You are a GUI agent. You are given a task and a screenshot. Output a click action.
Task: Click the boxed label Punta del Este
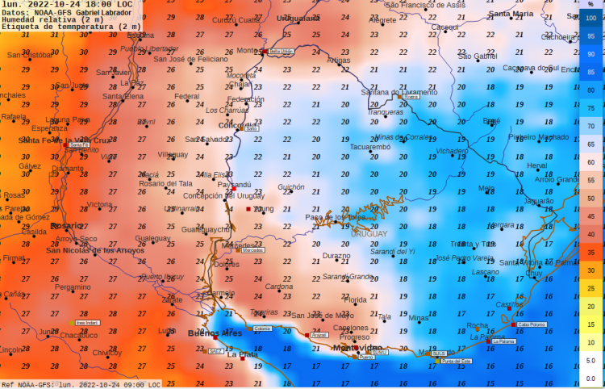(457, 361)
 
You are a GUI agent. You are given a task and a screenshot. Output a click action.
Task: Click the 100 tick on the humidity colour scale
(590, 18)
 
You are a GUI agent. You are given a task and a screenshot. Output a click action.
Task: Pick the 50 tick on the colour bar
(590, 198)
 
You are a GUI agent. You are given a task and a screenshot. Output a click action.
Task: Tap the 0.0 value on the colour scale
(590, 378)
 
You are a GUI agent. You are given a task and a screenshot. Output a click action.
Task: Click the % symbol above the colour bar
(590, 5)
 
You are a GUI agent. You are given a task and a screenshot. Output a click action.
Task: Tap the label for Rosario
(66, 226)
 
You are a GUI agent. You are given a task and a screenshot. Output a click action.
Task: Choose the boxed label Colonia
(262, 328)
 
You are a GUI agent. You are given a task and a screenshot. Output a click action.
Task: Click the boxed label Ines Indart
(86, 323)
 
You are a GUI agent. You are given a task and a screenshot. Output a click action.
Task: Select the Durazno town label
(336, 256)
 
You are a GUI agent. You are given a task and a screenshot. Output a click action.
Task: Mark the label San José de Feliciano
(191, 59)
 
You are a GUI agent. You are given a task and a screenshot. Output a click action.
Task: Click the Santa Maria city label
(511, 14)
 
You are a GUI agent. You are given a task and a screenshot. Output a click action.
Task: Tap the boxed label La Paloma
(503, 341)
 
